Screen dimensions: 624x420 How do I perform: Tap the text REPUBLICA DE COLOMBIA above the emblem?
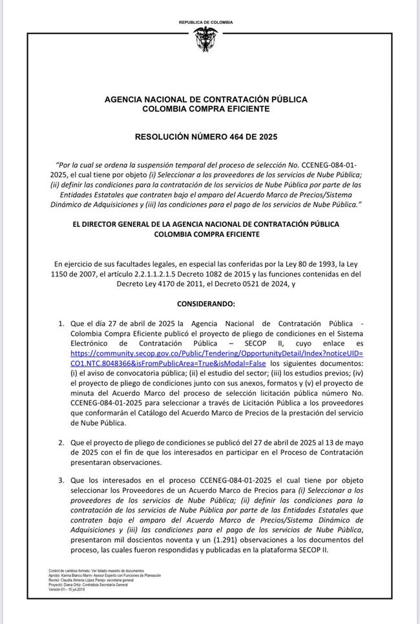click(206, 23)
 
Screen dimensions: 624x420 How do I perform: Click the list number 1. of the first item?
click(61, 324)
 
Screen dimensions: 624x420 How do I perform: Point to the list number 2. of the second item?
click(61, 443)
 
